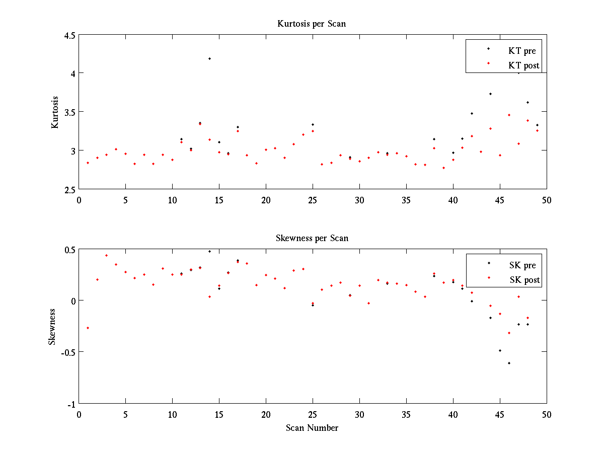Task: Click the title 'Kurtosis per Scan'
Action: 312,24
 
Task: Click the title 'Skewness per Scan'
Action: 312,238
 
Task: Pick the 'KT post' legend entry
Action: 523,65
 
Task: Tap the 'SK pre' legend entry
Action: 522,265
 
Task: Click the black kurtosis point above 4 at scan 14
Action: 209,58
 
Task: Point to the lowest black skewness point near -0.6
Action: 509,363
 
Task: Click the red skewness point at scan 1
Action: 88,328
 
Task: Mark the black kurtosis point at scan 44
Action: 490,94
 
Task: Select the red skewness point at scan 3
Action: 106,255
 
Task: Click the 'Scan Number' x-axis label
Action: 312,428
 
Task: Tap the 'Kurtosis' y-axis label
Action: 55,112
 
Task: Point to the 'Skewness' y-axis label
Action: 52,327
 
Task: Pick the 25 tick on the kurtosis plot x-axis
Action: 313,200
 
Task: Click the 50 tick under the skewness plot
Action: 547,414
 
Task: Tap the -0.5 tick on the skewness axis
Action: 67,352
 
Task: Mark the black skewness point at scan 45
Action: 500,350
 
